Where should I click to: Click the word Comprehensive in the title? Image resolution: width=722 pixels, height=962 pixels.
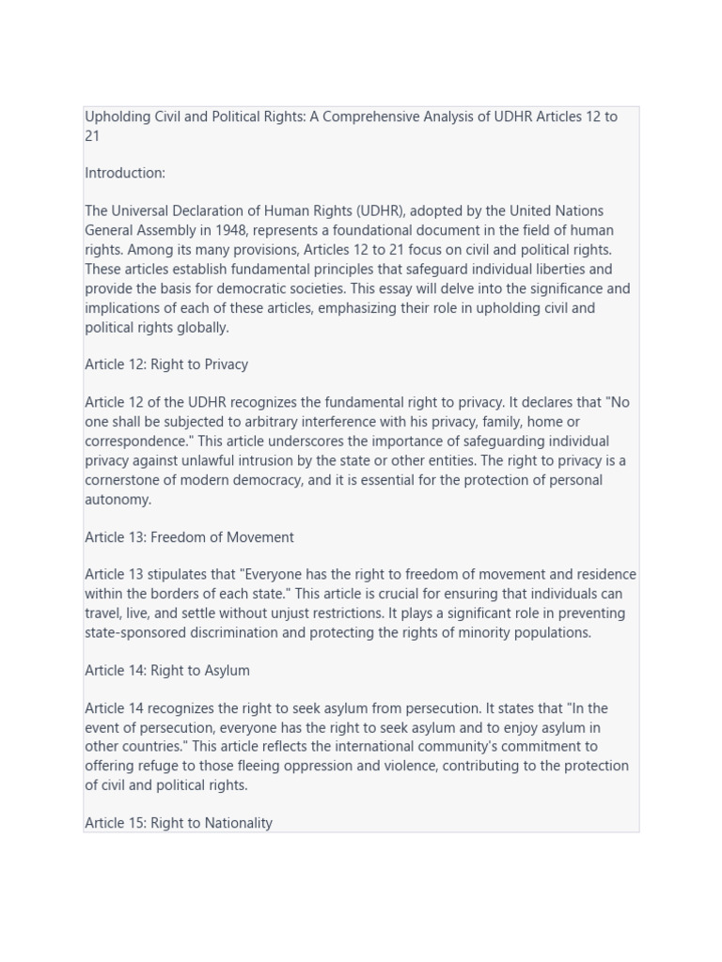click(367, 116)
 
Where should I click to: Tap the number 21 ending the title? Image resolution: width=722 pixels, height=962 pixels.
click(92, 136)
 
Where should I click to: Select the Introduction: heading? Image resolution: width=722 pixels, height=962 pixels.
click(125, 173)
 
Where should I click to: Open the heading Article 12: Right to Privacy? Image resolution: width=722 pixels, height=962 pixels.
click(166, 365)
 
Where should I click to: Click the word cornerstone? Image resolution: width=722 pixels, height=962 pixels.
click(124, 480)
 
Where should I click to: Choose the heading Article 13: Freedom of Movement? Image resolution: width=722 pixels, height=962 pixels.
click(189, 537)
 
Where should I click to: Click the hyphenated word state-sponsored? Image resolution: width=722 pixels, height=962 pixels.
click(135, 632)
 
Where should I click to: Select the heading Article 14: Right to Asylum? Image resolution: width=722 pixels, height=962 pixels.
click(167, 671)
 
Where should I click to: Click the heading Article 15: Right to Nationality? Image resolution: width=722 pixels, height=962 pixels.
click(179, 823)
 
